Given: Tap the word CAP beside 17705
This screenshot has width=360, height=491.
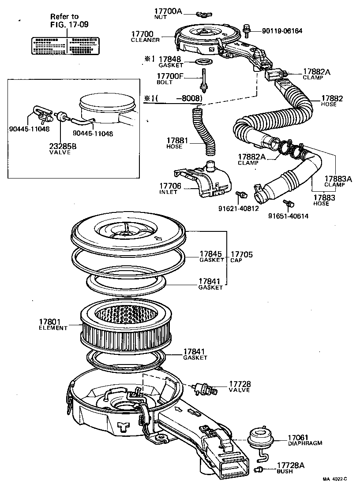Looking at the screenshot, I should [x=236, y=260].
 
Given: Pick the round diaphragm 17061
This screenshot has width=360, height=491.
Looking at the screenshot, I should [x=259, y=437].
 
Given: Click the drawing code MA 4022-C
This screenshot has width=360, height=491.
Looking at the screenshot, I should [x=334, y=479].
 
